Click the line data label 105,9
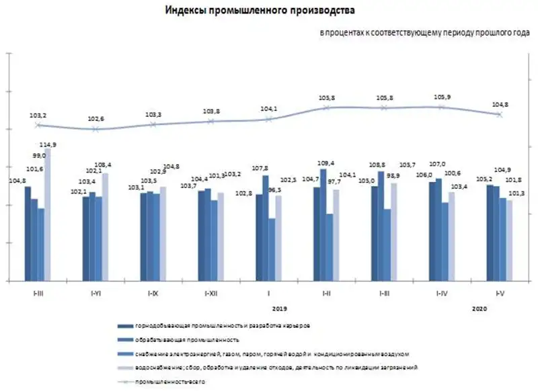pos(443,97)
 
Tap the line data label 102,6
pos(95,119)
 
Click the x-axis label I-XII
pos(210,294)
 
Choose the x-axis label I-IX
pos(153,294)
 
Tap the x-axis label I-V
pos(498,294)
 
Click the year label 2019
pos(280,308)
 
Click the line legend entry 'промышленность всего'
pos(168,381)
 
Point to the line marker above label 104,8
pos(499,114)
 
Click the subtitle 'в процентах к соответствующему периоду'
pos(424,32)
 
